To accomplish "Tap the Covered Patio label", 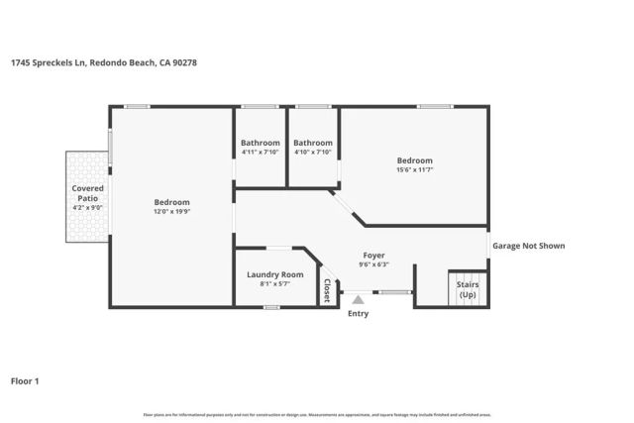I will (x=87, y=192).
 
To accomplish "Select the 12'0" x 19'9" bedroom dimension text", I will (x=171, y=211).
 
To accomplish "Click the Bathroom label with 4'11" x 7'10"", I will (x=261, y=143).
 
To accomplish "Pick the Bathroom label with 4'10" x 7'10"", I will (x=313, y=143).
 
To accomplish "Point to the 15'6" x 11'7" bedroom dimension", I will (x=415, y=169).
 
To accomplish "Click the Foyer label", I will (x=373, y=255).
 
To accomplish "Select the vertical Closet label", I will (x=327, y=290).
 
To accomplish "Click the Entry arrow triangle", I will (x=358, y=296).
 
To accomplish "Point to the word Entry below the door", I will (x=358, y=314).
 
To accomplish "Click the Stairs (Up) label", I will (x=468, y=289).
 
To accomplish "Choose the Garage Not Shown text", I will (x=529, y=246).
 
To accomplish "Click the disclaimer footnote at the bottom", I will (x=317, y=414).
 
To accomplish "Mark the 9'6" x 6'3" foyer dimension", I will (x=373, y=264).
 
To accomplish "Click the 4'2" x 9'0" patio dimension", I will (x=87, y=207).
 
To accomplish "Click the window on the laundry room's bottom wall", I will (x=270, y=307).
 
